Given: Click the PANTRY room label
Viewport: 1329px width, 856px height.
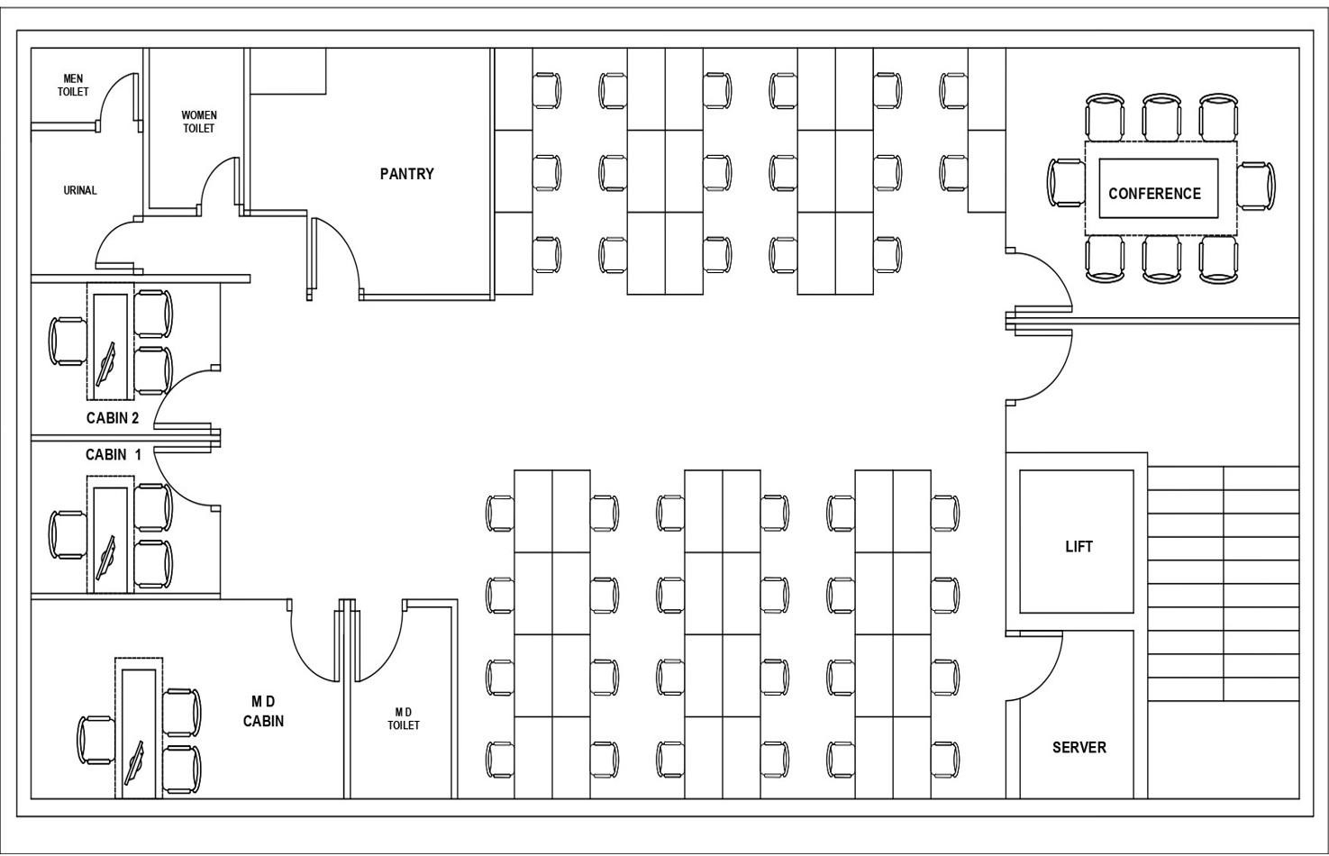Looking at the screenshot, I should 406,174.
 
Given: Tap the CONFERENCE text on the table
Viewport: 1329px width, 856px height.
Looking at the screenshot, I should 1154,194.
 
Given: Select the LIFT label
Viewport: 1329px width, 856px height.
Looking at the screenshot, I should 1079,547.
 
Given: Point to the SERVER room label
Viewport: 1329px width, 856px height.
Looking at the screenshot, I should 1079,748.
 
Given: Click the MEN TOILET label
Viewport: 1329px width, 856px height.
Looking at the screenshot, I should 73,86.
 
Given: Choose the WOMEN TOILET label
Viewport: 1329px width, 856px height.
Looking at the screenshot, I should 199,122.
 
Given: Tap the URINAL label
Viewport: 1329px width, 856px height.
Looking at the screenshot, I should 80,190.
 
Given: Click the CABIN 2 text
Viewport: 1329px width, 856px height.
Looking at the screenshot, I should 113,418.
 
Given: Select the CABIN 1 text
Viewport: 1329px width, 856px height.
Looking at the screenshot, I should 113,455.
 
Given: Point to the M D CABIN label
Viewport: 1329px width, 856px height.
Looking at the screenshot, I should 263,712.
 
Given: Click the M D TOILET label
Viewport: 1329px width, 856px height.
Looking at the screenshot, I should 404,719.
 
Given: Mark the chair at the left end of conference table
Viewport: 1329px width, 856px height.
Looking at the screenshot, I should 1065,182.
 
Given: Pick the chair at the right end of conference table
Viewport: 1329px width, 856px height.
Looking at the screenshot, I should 1256,187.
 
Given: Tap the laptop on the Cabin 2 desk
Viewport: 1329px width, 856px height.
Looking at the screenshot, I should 108,363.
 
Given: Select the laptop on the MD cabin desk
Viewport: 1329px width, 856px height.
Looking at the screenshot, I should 136,763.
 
